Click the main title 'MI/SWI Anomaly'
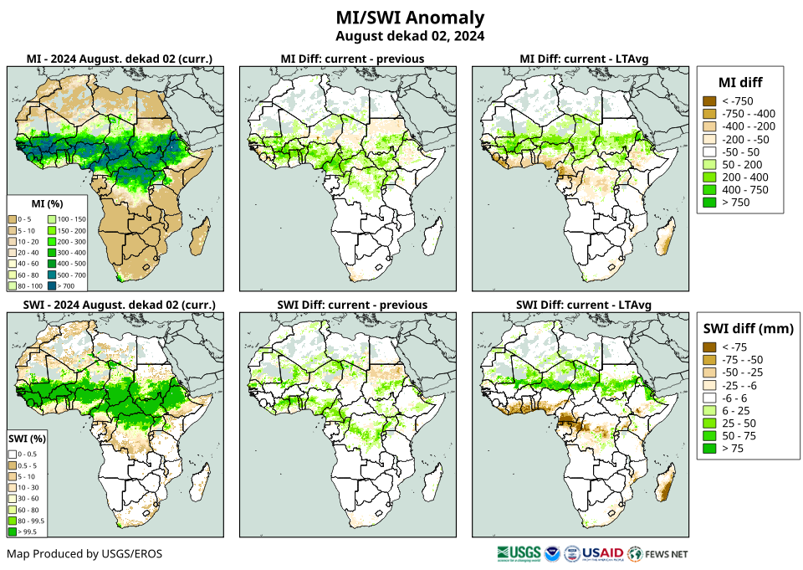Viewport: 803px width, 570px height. pos(410,18)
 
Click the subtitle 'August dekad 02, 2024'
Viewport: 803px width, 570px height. pos(410,36)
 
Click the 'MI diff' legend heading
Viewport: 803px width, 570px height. pos(740,81)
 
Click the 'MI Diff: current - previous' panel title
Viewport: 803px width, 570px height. pos(351,59)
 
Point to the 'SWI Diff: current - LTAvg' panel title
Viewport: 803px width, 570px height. pos(584,304)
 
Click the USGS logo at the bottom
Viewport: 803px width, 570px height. pos(519,553)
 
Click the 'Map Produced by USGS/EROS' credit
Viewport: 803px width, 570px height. pos(84,554)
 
